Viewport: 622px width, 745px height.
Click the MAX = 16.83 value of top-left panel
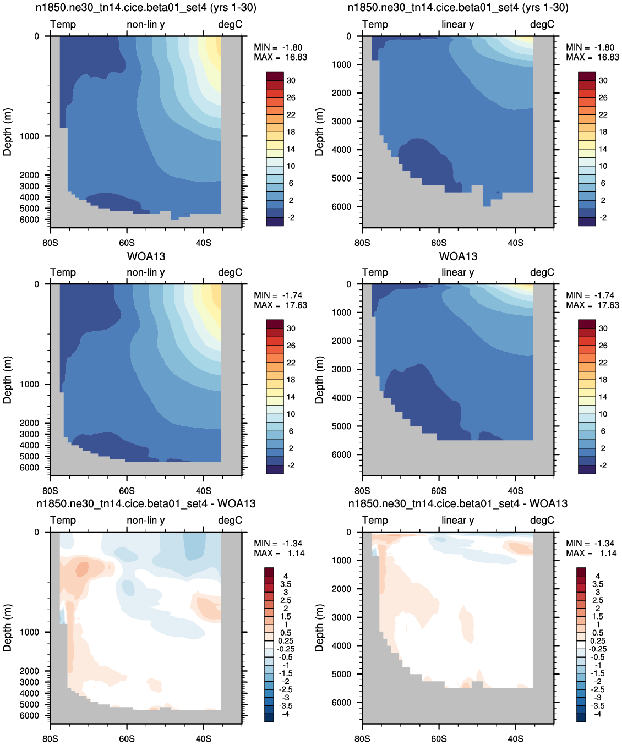click(280, 57)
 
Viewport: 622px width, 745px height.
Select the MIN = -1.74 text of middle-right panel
click(590, 295)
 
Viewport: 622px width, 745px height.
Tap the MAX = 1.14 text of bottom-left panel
click(279, 553)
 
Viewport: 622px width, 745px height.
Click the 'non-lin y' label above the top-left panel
click(146, 24)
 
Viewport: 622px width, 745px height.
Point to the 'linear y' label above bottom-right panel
click(458, 520)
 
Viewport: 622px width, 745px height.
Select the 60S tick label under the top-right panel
click(439, 243)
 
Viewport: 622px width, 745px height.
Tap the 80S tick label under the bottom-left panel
click(50, 738)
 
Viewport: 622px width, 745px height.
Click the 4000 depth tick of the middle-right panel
click(341, 397)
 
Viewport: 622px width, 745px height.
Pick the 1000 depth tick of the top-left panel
click(29, 136)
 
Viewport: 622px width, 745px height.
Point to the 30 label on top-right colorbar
click(603, 80)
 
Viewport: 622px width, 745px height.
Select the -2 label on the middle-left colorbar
click(291, 465)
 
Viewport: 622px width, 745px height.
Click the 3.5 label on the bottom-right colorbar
click(598, 584)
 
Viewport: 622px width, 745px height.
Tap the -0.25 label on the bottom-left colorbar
click(285, 649)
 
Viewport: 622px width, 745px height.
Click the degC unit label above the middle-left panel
click(230, 272)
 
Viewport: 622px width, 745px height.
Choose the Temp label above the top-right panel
click(375, 24)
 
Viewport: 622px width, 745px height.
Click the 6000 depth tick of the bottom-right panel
click(341, 702)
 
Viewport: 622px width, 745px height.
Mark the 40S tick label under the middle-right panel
click(515, 491)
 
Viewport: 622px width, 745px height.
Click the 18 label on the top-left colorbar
click(291, 132)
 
